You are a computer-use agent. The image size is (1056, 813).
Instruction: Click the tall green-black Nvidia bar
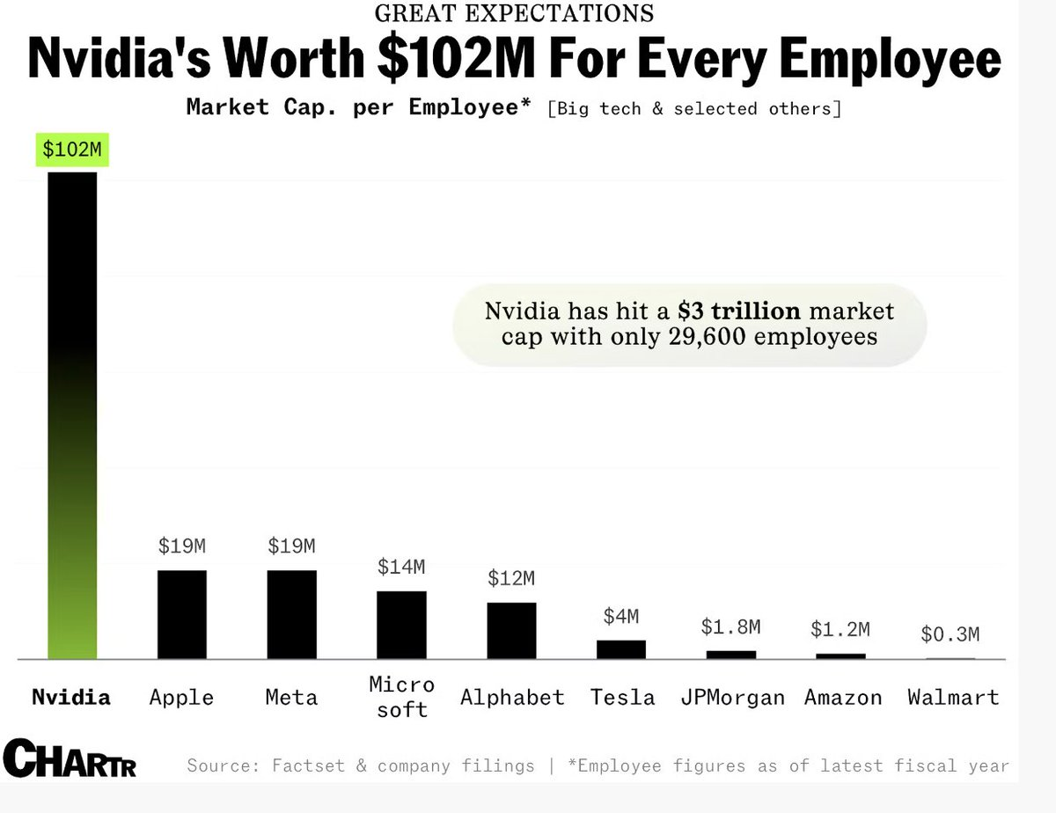pos(72,414)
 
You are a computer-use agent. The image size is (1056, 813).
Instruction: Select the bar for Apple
pos(182,614)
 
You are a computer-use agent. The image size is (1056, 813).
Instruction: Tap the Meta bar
pos(292,614)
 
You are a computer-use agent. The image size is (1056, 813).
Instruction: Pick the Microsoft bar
pos(401,625)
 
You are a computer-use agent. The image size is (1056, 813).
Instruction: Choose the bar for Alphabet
pos(511,630)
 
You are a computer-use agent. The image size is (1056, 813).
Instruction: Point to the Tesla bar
pos(621,649)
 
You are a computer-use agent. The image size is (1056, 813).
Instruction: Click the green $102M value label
pos(72,150)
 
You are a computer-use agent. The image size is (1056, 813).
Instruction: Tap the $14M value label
pos(401,567)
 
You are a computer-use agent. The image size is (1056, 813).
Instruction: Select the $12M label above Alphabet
pos(511,578)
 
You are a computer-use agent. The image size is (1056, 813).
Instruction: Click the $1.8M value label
pos(730,627)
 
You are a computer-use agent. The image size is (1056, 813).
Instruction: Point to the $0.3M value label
pos(950,634)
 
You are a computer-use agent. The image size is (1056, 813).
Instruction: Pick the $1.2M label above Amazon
pos(840,629)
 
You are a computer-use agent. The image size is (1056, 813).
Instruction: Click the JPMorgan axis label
pos(732,698)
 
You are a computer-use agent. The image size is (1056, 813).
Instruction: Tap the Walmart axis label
pos(953,698)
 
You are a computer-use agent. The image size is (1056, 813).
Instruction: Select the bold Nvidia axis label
pos(71,698)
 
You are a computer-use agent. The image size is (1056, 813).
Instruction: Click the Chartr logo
pos(70,758)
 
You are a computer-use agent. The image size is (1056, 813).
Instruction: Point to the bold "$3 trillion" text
pos(739,311)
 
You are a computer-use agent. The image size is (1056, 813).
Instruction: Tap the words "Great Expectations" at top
pos(515,13)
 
